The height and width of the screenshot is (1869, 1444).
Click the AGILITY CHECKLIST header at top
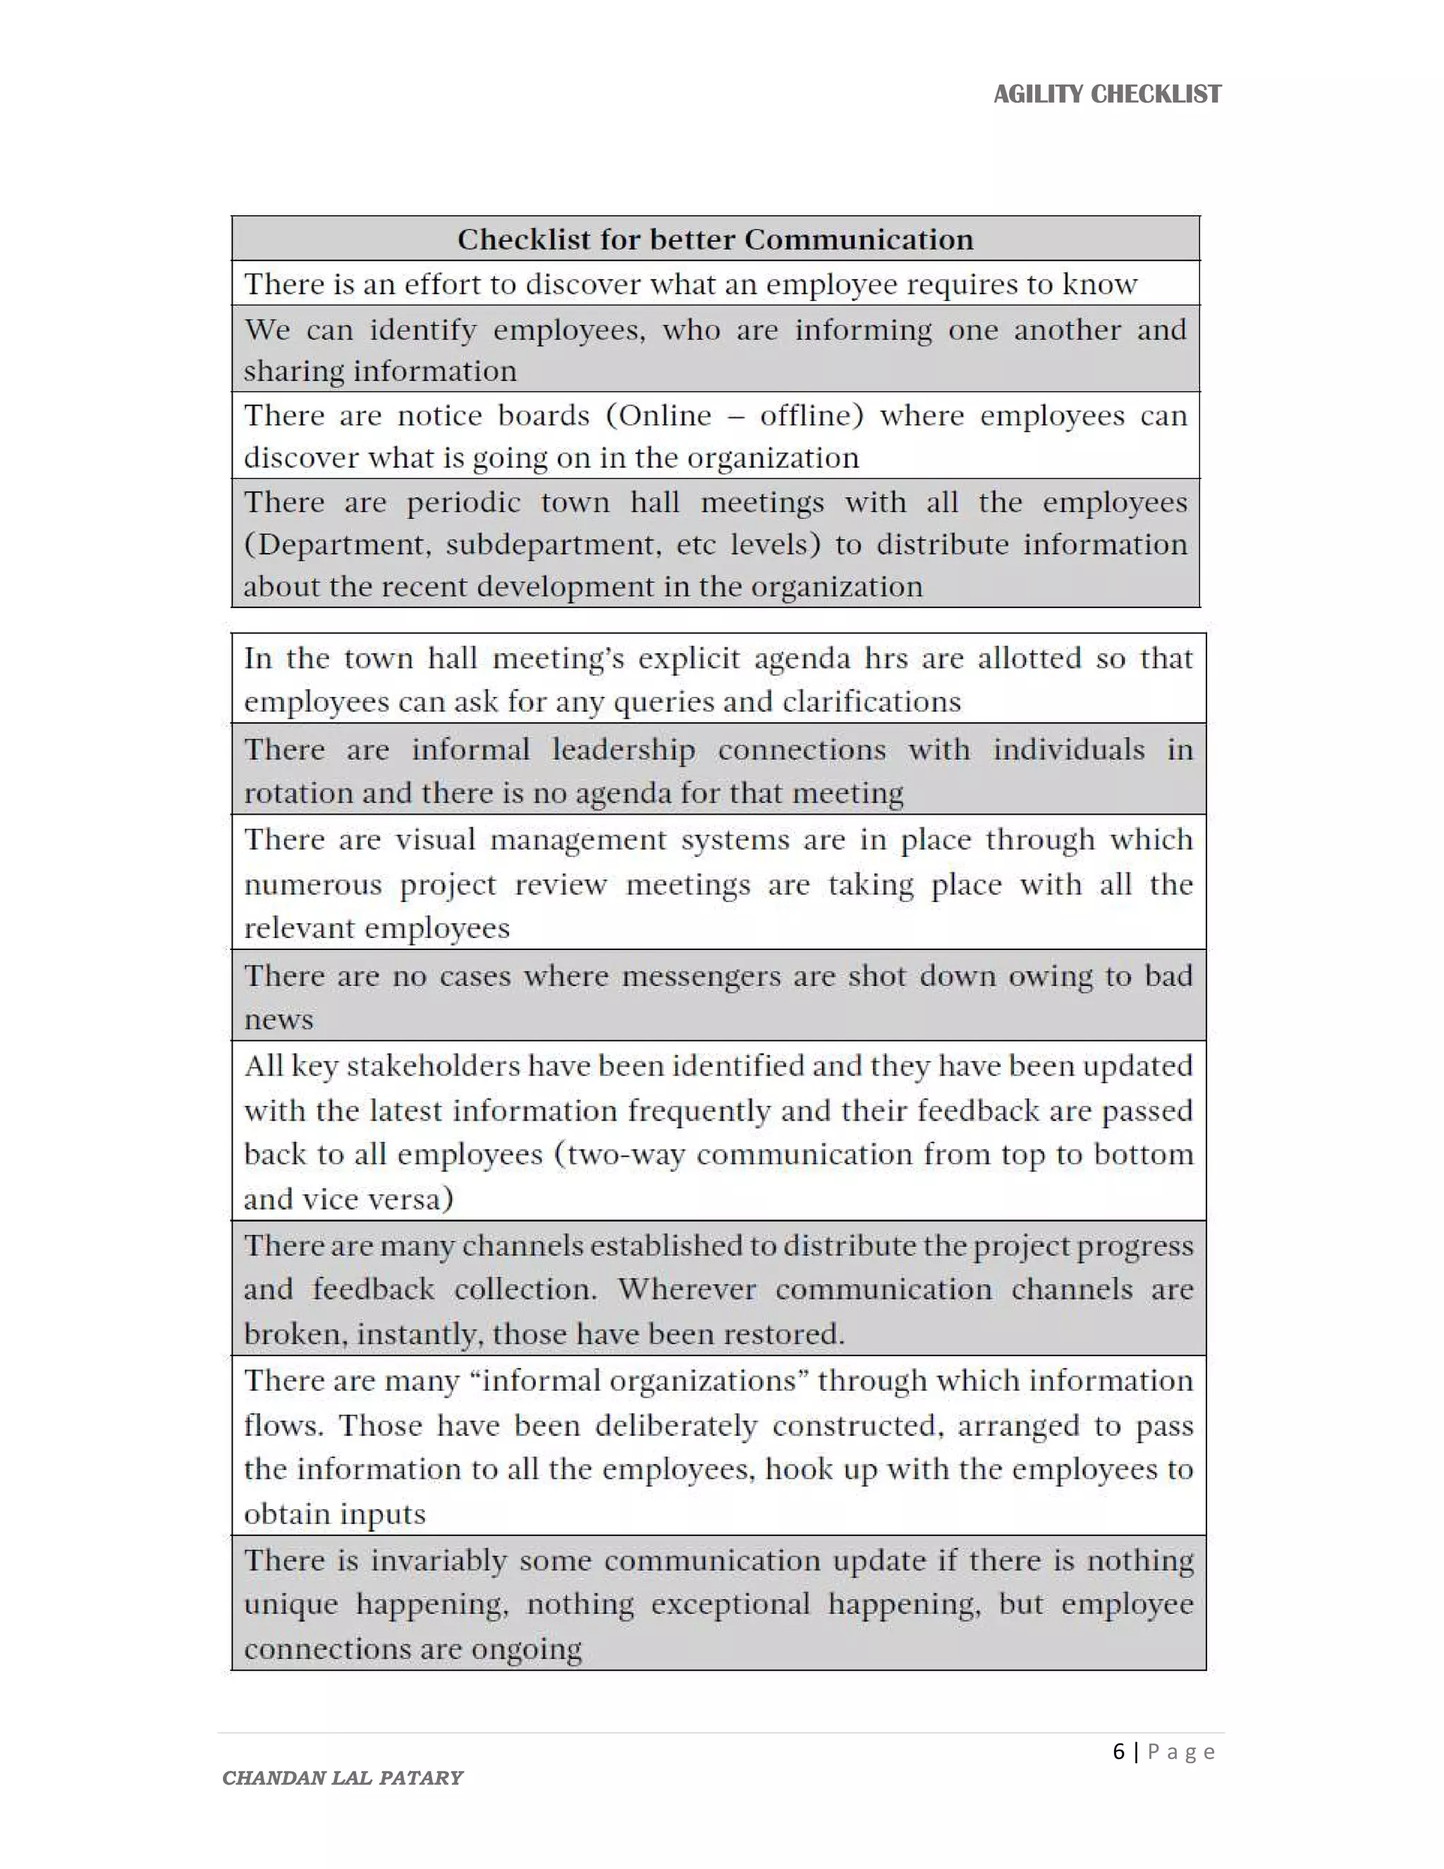click(1107, 94)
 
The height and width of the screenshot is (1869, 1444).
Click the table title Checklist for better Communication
click(715, 240)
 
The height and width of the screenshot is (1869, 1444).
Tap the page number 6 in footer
click(1118, 1752)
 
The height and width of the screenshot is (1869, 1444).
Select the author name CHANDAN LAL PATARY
click(342, 1777)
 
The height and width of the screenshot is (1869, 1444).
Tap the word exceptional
click(730, 1604)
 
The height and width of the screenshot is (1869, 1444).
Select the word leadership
click(623, 750)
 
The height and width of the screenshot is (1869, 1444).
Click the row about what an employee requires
click(690, 284)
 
